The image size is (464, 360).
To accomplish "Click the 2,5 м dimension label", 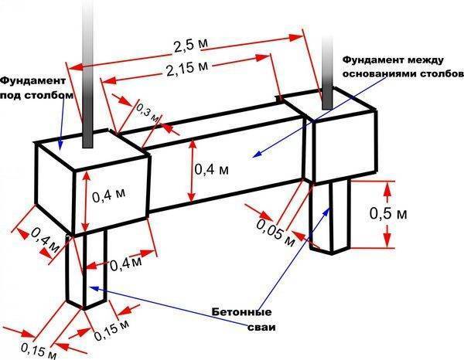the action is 190,46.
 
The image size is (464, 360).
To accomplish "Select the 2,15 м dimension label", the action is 187,68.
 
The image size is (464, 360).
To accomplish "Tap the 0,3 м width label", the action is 148,113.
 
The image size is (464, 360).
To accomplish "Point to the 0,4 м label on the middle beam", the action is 212,170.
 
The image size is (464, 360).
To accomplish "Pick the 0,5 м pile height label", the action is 388,213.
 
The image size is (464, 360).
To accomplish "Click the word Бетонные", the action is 242,312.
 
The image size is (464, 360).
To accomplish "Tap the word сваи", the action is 261,328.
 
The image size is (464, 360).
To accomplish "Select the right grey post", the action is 327,73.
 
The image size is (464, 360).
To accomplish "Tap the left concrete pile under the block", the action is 86,270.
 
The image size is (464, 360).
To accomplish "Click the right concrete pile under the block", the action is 330,217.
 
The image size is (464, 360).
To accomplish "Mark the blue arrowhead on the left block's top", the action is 60,144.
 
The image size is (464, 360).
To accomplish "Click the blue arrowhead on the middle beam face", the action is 257,154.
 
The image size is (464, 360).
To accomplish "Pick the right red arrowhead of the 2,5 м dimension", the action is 296,37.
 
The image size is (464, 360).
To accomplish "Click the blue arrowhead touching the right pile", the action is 327,210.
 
